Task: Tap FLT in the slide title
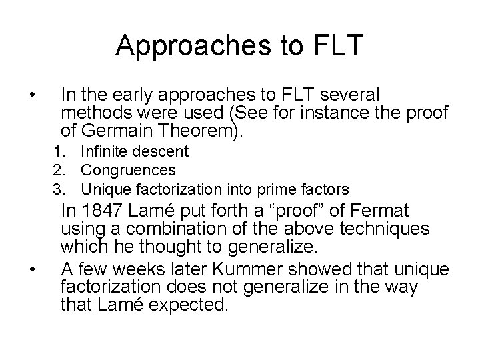click(x=337, y=45)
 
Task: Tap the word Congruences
click(x=128, y=171)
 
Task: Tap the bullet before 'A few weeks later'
click(x=33, y=269)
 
